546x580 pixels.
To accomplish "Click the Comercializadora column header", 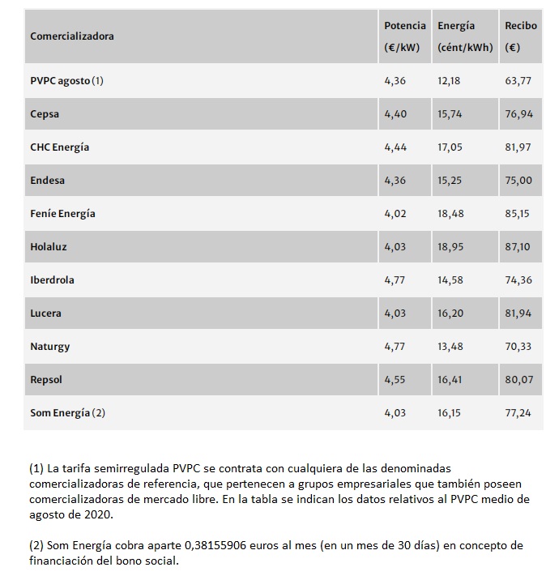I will click(x=72, y=36).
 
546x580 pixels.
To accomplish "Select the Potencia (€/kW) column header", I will click(x=404, y=36).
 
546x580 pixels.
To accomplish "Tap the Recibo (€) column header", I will click(x=520, y=36).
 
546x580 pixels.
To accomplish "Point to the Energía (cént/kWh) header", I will click(x=464, y=36).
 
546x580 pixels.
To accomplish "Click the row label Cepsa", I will click(x=45, y=114).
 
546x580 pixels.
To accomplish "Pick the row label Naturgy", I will click(x=50, y=347).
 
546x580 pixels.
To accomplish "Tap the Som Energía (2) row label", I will click(x=68, y=413).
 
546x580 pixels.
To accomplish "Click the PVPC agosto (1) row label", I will click(x=67, y=81).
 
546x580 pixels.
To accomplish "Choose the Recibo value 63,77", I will click(x=518, y=81).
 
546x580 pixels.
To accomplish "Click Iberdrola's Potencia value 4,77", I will click(x=395, y=280).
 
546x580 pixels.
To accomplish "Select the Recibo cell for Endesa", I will click(x=518, y=181).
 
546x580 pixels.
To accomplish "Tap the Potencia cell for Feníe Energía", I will click(x=395, y=214).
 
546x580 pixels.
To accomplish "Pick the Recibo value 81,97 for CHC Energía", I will click(x=518, y=147).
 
